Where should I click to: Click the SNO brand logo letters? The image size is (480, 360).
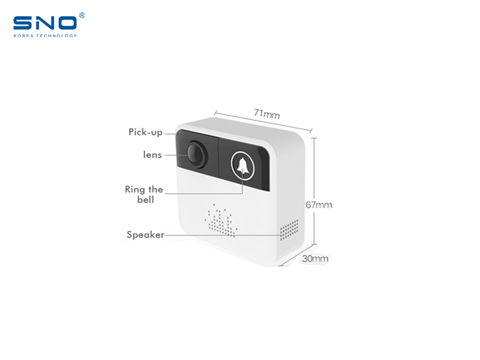[44, 23]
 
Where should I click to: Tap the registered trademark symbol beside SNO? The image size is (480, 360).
[82, 16]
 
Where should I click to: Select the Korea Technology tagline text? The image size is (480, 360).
[45, 36]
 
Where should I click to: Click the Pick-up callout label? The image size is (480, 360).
[145, 132]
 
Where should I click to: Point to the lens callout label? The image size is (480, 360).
[152, 155]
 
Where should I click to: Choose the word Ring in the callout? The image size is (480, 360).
[134, 190]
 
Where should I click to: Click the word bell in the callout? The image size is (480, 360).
[145, 200]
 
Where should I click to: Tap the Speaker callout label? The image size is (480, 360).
[145, 235]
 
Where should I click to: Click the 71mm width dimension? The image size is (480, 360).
[266, 114]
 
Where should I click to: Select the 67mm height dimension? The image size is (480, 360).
[319, 205]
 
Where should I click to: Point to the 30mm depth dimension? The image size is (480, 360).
[315, 259]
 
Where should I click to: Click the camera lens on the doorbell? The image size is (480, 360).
[196, 154]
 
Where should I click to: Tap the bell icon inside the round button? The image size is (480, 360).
[242, 166]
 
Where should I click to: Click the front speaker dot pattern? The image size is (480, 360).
[221, 221]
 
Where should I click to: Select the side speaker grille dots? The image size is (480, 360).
[289, 230]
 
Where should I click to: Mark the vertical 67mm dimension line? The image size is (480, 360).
[314, 191]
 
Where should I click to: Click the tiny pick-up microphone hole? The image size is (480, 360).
[178, 134]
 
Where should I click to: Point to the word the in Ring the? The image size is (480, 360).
[155, 189]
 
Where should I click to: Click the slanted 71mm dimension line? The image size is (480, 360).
[263, 122]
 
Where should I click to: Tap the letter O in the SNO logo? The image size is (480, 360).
[67, 23]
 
